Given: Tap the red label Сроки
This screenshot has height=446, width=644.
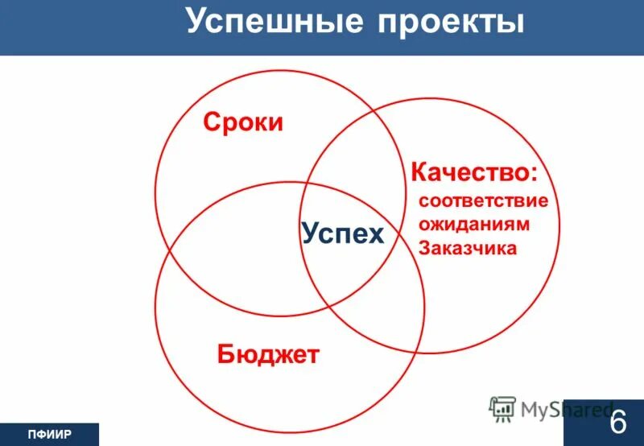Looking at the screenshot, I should click(x=243, y=122).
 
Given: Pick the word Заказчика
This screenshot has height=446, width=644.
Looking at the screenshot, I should click(x=468, y=248).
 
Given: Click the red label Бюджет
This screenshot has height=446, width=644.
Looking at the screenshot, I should click(x=269, y=353).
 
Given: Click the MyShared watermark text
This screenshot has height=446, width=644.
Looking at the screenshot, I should click(x=563, y=410).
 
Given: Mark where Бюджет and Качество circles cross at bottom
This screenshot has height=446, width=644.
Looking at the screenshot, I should click(x=418, y=352).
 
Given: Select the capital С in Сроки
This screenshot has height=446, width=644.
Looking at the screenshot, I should click(x=211, y=122).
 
